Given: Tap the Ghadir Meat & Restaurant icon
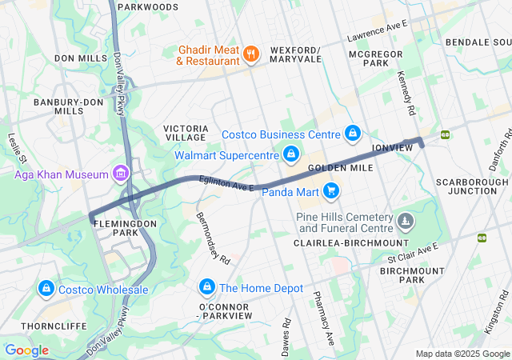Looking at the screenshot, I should [251, 54].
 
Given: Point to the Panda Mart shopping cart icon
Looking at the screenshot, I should [330, 190].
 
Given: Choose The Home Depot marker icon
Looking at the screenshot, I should [207, 287].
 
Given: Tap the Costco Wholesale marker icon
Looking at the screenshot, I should [46, 289].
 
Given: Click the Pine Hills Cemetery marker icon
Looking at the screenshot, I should [406, 219].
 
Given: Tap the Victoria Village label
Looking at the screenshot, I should [186, 133].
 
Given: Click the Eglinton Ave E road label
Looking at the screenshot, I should [227, 185].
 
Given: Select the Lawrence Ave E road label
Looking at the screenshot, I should [378, 31].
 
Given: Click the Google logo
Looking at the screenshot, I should [27, 350].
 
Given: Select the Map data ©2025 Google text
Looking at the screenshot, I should [462, 354].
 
